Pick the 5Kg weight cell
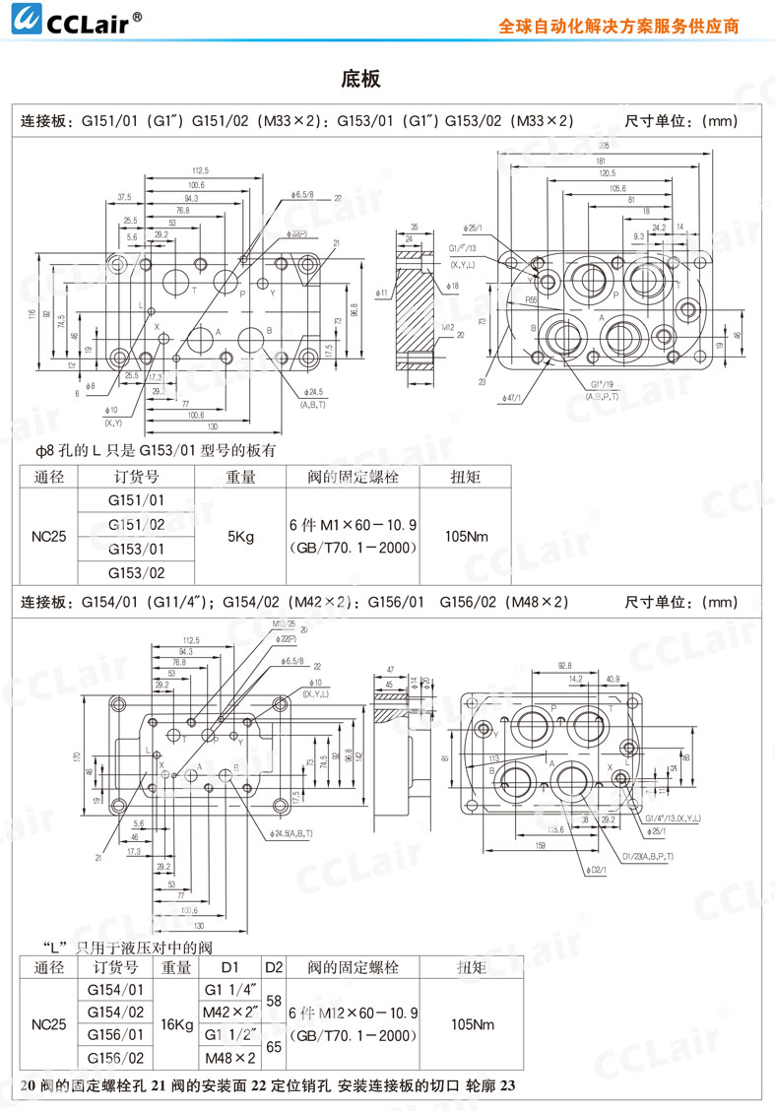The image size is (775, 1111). coord(240,537)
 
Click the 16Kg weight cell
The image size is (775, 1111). coord(177,1024)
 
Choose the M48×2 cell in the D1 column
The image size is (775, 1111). coord(229,1058)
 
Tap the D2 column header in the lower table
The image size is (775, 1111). coord(274,967)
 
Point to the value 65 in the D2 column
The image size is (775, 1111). coord(274,1047)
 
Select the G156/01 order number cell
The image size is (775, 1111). coord(116,1035)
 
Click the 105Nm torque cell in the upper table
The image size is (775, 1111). coord(466,537)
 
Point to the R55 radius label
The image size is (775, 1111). coord(531,299)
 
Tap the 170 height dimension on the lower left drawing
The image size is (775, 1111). coord(77,756)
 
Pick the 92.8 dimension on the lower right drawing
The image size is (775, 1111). coord(563,667)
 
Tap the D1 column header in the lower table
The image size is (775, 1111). coord(229,967)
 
